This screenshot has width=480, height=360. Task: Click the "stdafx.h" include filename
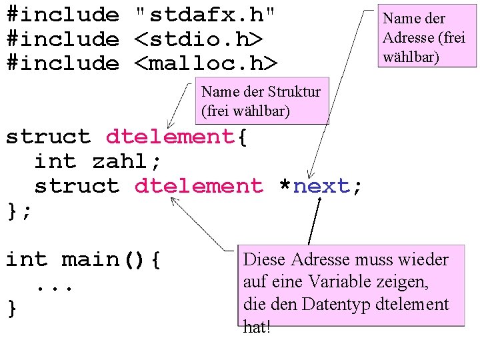[x=205, y=14]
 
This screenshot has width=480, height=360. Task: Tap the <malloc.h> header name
[x=205, y=63]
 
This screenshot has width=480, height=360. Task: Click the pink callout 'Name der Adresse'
[x=427, y=38]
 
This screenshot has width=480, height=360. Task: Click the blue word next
[x=321, y=186]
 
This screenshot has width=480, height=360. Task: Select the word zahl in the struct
[x=120, y=161]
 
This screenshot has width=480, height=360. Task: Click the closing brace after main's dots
[x=11, y=309]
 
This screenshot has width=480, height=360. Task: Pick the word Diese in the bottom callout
[x=265, y=259]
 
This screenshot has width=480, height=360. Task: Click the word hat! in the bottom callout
[x=257, y=327]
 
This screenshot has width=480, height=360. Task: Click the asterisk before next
[x=285, y=186]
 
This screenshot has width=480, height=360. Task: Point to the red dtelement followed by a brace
[x=170, y=137]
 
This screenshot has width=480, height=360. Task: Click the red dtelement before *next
[x=199, y=186]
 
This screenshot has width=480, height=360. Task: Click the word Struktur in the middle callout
[x=293, y=92]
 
